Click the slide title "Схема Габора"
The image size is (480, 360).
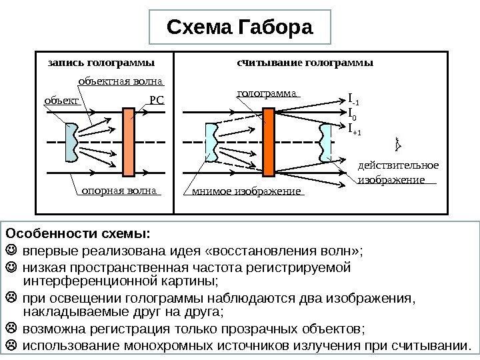pyautogui.click(x=239, y=29)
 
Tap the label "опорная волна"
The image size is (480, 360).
pyautogui.click(x=117, y=191)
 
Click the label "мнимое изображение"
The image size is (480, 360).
pyautogui.click(x=247, y=193)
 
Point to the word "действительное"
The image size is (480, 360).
pyautogui.click(x=398, y=165)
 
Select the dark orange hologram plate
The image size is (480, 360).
pyautogui.click(x=269, y=141)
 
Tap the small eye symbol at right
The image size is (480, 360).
pyautogui.click(x=398, y=143)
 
